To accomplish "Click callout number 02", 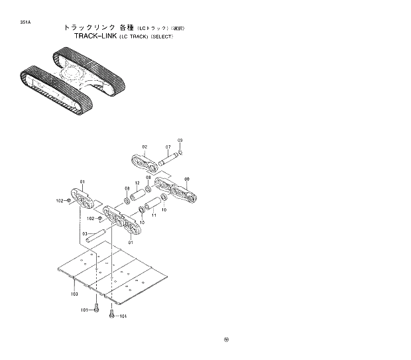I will coord(145,147).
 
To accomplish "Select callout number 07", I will coord(168,147).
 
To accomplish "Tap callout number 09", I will coord(180,141).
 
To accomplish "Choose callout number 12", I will coord(137,183).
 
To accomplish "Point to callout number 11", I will coord(154,215).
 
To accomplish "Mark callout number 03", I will coord(84,233).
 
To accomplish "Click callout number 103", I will coord(74,293).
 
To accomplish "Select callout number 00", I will coord(186,179).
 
